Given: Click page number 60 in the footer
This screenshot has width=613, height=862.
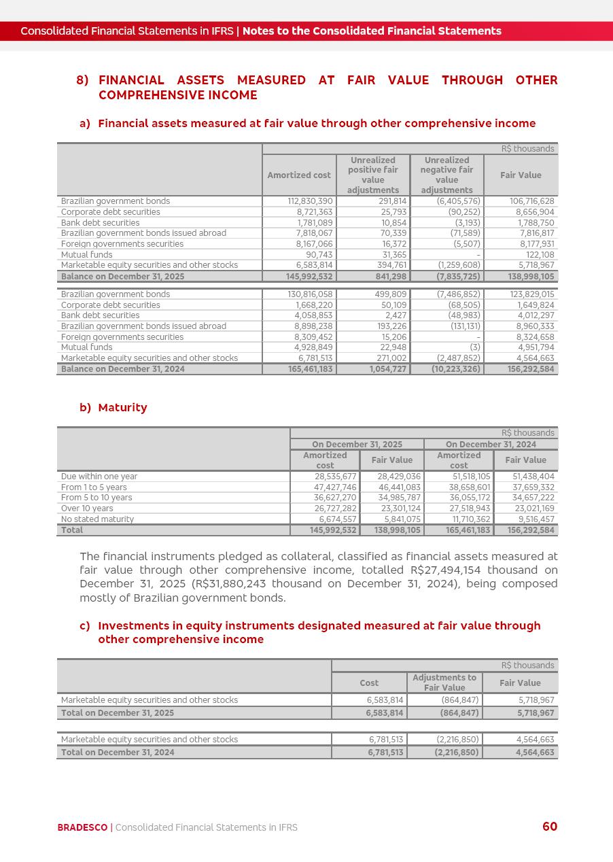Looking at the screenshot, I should click(x=549, y=827).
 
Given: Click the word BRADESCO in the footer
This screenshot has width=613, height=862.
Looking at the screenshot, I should click(x=82, y=827).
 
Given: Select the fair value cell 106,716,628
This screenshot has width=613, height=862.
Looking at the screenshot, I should click(x=531, y=201).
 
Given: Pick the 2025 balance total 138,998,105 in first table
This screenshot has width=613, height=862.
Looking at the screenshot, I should click(x=531, y=277).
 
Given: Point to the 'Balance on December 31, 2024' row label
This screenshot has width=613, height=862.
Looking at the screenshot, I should click(x=123, y=369).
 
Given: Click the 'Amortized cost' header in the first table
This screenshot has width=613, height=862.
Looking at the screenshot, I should click(x=299, y=175).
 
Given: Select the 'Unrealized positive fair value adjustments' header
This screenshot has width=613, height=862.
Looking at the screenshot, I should click(x=372, y=175).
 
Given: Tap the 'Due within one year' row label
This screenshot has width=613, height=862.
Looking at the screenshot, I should click(x=99, y=477).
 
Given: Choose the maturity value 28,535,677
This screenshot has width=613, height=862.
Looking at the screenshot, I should click(x=333, y=477).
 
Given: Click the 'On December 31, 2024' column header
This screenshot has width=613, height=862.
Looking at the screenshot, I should click(x=491, y=445).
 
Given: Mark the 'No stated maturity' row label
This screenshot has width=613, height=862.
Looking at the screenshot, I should click(x=97, y=519).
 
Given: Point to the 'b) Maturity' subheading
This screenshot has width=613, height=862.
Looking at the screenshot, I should click(x=113, y=408).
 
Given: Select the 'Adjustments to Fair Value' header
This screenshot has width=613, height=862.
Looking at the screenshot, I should click(x=444, y=683).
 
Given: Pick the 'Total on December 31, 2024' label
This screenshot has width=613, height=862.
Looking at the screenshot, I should click(x=118, y=753).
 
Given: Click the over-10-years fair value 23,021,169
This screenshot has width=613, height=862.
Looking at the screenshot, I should click(x=533, y=508).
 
